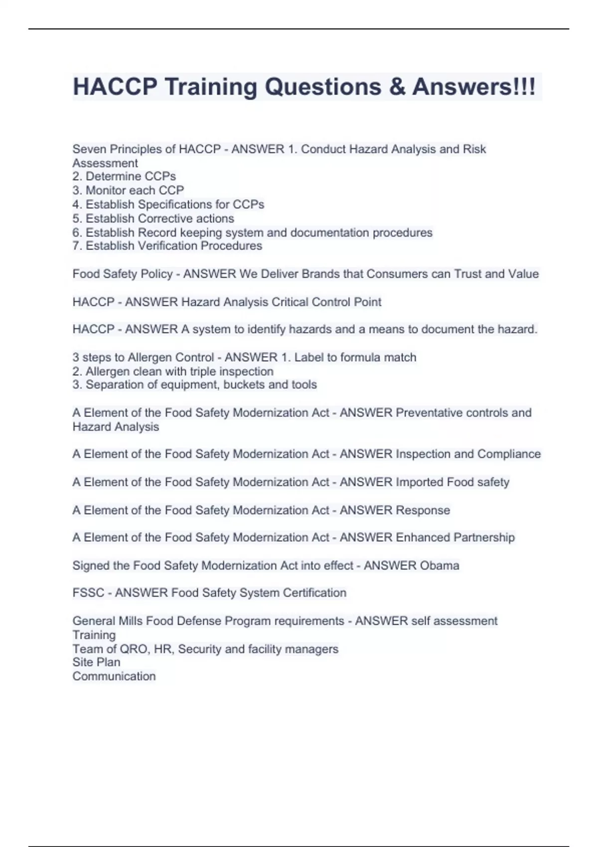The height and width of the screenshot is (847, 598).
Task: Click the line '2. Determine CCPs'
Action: click(124, 176)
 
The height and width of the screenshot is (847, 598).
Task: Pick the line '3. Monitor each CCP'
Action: click(128, 190)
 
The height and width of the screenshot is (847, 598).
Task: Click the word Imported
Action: click(419, 482)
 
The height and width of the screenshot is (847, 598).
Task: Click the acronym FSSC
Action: click(88, 593)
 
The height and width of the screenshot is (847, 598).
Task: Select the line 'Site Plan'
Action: click(96, 662)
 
